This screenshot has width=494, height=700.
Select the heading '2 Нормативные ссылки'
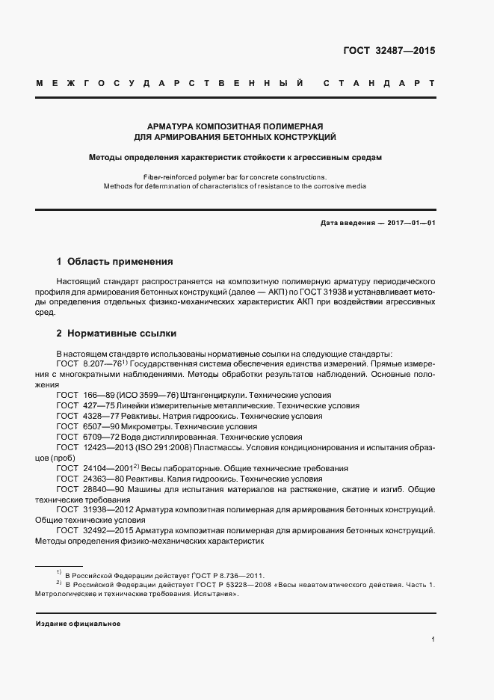pyautogui.click(x=117, y=333)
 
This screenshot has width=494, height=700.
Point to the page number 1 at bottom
pyautogui.click(x=433, y=640)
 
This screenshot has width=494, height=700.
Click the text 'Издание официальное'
pyautogui.click(x=78, y=623)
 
